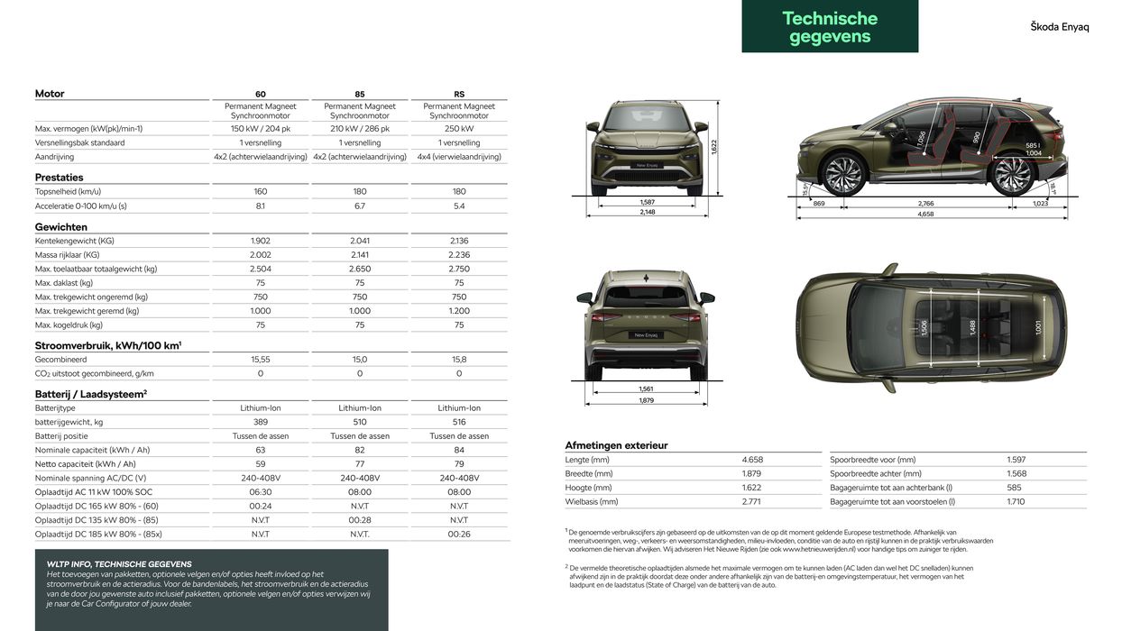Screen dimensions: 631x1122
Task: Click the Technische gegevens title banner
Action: click(830, 26)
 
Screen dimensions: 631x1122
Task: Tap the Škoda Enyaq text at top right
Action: click(1060, 27)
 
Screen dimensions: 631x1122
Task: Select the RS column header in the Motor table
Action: click(459, 94)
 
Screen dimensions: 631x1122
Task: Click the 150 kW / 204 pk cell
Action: click(261, 129)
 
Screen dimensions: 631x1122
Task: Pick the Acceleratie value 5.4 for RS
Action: click(459, 206)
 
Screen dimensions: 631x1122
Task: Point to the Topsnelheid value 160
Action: click(261, 192)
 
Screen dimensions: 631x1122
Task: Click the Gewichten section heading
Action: click(61, 227)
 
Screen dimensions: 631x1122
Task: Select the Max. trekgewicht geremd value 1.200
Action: click(459, 311)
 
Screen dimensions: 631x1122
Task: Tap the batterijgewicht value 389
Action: click(261, 422)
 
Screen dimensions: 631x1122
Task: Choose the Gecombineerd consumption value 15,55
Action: click(261, 360)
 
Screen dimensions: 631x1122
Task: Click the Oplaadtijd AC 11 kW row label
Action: click(93, 492)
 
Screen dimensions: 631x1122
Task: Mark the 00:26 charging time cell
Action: click(459, 535)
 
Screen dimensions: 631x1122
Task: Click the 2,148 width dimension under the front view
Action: click(647, 213)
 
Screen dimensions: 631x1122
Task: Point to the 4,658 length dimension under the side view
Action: click(926, 215)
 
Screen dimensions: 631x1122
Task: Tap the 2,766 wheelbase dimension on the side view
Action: click(926, 204)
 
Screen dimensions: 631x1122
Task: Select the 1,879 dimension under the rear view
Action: click(647, 400)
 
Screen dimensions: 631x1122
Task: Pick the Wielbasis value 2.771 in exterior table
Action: click(752, 501)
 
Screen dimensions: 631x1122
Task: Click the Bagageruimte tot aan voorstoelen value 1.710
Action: click(1016, 501)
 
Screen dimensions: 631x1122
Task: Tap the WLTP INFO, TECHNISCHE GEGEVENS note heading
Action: click(119, 564)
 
